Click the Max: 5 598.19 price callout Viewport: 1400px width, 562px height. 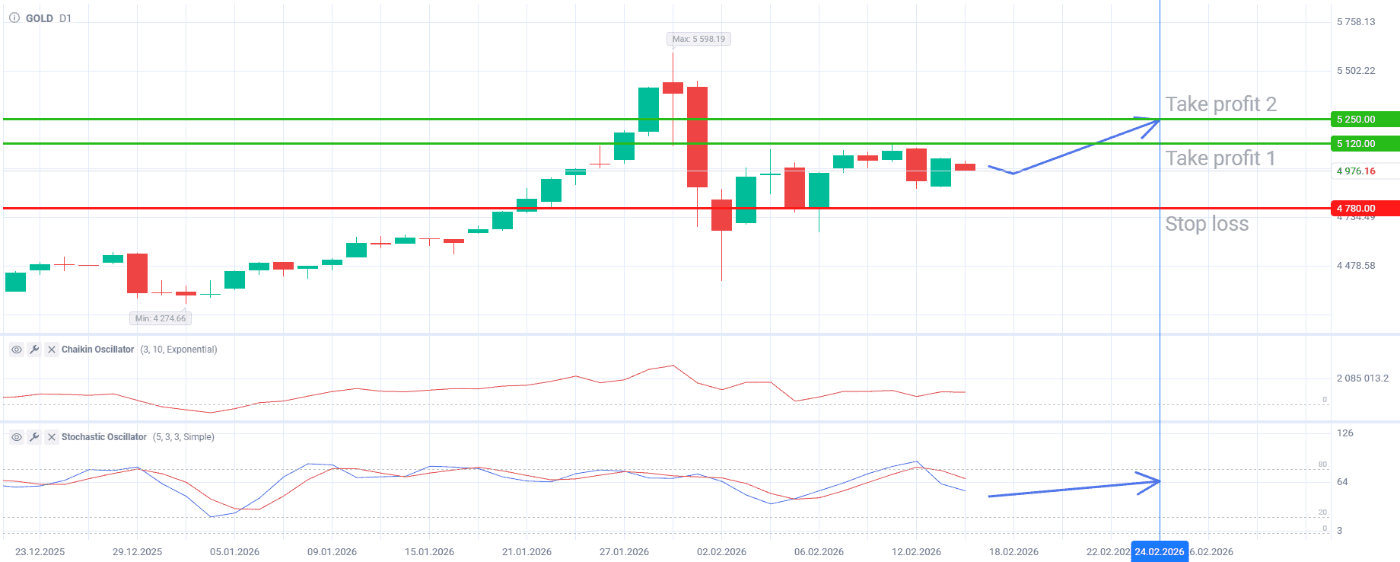click(x=698, y=39)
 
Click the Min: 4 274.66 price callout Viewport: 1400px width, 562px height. click(x=161, y=318)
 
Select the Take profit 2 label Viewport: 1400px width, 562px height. click(x=1220, y=104)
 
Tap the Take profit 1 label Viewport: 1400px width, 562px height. click(x=1220, y=158)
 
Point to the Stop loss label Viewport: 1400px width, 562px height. click(x=1207, y=224)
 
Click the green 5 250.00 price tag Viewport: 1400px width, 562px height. click(x=1364, y=120)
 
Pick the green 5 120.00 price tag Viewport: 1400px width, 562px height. click(x=1364, y=144)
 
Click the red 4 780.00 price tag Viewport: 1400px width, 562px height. click(x=1364, y=208)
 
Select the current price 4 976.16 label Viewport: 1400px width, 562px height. click(x=1356, y=171)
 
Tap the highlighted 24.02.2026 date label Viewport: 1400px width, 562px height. click(x=1159, y=552)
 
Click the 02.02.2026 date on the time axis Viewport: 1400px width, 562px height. click(x=721, y=552)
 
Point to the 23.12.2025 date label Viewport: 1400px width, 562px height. click(x=40, y=552)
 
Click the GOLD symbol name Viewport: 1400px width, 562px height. click(x=40, y=18)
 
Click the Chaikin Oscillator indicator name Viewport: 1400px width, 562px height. click(x=97, y=350)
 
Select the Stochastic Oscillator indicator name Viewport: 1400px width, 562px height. click(x=103, y=437)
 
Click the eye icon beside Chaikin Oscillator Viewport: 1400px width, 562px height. click(x=16, y=350)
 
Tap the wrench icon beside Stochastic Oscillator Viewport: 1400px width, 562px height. click(x=33, y=437)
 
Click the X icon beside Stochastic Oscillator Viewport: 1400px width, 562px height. click(x=51, y=437)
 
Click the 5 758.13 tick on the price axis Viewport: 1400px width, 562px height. click(x=1356, y=22)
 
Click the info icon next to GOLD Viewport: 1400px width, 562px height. click(x=14, y=18)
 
